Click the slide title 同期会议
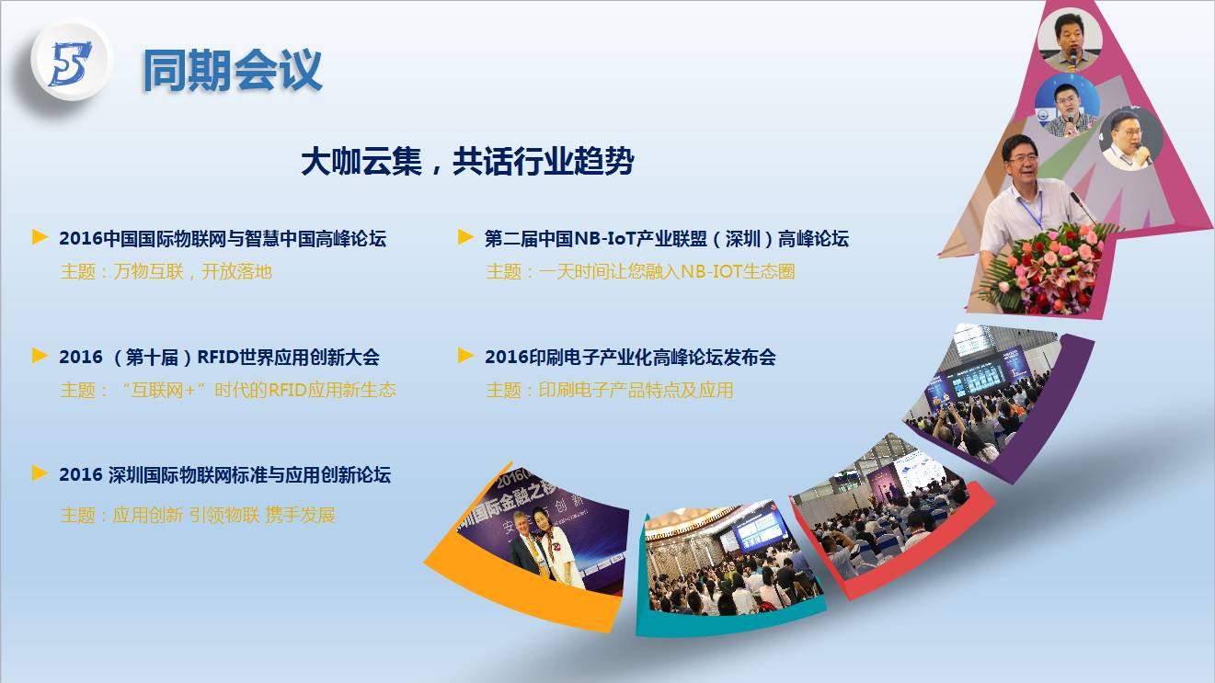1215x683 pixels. (x=232, y=70)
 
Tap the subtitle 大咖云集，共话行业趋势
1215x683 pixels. (x=467, y=161)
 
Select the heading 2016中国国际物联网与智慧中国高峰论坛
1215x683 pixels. (x=223, y=238)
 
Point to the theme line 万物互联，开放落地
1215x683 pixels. (x=166, y=271)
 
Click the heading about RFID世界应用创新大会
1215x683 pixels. (x=219, y=357)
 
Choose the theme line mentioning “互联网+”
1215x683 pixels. (x=228, y=390)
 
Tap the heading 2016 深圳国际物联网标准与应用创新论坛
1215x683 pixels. (x=224, y=475)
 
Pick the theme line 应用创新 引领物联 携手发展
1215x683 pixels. (x=198, y=515)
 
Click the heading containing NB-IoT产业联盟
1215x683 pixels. (x=667, y=238)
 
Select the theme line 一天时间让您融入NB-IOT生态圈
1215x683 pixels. (x=640, y=271)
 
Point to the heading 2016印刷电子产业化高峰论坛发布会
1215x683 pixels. (x=630, y=357)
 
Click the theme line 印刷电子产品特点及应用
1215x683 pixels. (x=609, y=390)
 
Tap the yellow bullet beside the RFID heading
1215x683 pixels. (x=40, y=356)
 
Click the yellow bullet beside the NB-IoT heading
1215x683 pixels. (x=465, y=237)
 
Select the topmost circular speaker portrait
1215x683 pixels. (x=1070, y=41)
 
